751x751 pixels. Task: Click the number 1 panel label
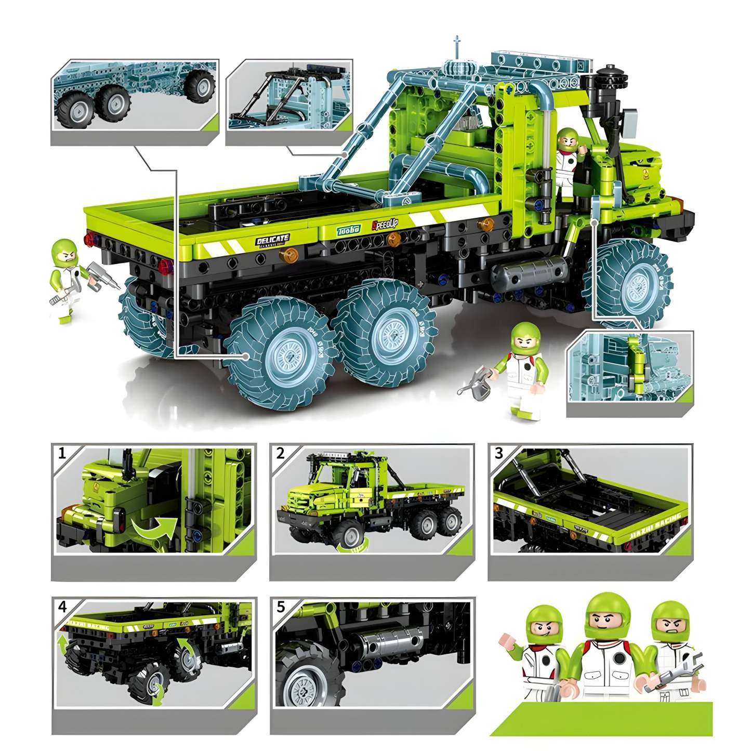point(62,453)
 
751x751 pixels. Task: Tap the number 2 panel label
point(281,453)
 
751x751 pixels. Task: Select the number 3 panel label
point(499,453)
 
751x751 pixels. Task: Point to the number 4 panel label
point(62,607)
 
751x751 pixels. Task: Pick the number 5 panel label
point(281,607)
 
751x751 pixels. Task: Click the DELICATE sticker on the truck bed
point(272,240)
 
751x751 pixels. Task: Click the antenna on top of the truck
point(457,48)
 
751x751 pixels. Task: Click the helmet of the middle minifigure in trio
point(606,615)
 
